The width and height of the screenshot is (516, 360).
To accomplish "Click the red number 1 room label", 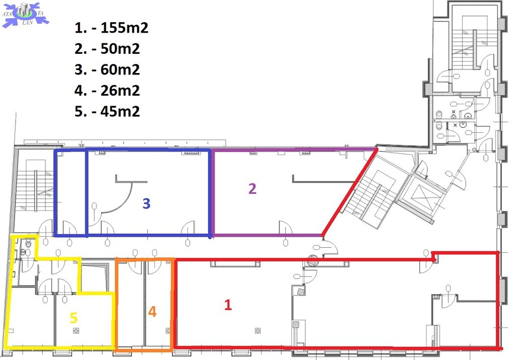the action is coord(228,305).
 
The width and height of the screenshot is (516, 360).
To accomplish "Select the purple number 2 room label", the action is coord(252,189).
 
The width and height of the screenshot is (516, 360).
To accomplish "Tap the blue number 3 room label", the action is coord(147,204).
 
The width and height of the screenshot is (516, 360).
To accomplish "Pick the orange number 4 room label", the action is coord(152,312).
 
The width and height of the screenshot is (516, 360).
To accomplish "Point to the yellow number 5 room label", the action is coord(74,318).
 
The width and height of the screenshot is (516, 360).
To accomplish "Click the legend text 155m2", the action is coord(124,28).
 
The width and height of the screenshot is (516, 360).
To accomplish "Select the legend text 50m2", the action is coord(120,49).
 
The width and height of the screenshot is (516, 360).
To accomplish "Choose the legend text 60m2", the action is coord(120,69).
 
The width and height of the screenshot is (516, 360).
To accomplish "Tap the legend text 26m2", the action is coord(120,91).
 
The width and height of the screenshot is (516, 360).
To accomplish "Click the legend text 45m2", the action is coord(120,112).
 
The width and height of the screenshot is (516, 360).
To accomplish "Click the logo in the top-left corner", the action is coord(25,15).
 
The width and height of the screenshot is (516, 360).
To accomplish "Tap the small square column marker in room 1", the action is coord(257,331).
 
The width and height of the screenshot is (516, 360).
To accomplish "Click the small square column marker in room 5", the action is coord(77,331).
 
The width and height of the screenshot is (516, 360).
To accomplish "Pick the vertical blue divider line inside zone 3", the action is coord(86,193).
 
